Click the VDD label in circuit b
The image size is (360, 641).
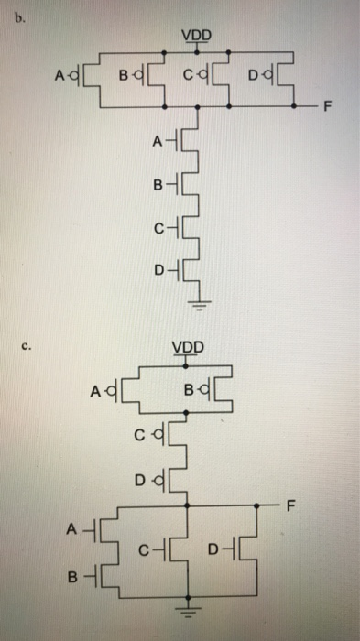[x=196, y=36]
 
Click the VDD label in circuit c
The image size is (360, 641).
[x=190, y=348]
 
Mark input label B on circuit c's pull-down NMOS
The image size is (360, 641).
[x=71, y=578]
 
